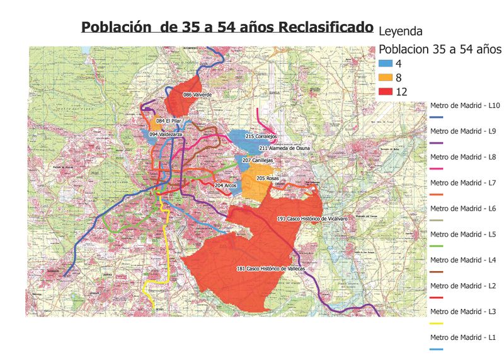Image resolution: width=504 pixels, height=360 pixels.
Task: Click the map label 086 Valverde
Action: point(197,95)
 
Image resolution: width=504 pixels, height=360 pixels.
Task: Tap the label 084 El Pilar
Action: point(169,120)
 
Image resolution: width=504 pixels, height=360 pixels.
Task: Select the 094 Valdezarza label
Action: point(166,134)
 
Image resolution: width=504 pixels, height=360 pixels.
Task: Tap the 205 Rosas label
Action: point(268,178)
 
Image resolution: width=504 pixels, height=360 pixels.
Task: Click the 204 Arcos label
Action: point(226,185)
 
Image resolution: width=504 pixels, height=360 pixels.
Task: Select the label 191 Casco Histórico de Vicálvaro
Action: point(312,218)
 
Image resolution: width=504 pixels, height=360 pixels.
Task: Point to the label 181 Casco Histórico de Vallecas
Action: point(271,269)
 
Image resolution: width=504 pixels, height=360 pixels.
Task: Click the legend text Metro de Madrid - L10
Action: point(464,105)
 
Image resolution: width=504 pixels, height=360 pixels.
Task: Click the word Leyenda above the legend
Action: point(400,30)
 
